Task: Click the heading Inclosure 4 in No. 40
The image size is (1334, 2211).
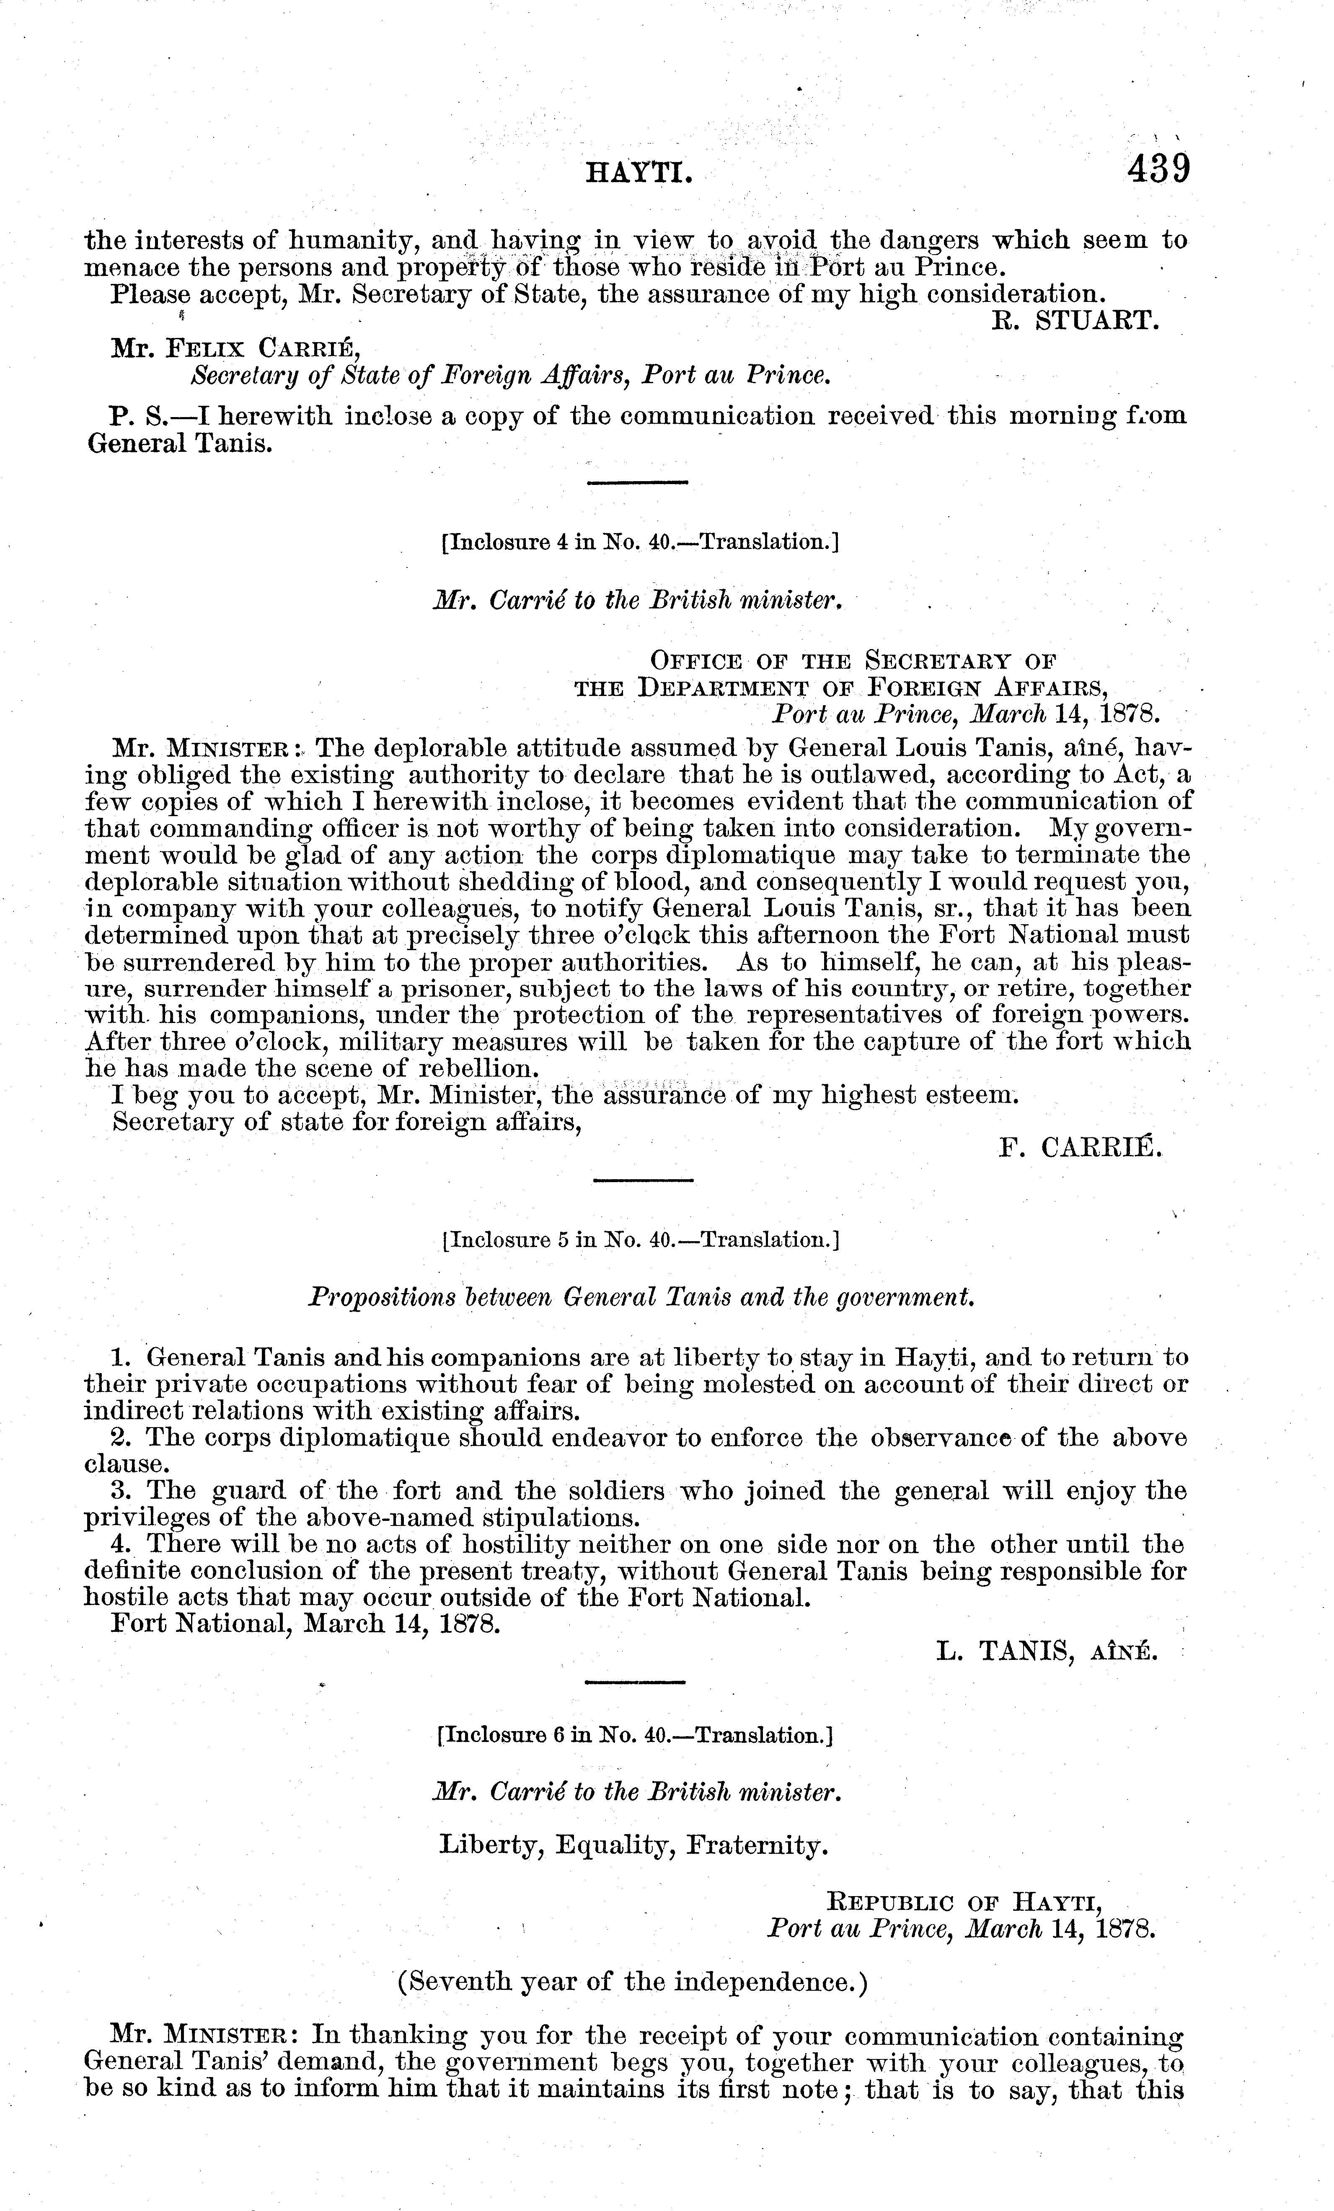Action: [x=640, y=542]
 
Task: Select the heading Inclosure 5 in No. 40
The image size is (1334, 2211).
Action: [x=641, y=1240]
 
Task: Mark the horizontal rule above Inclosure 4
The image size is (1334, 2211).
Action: [x=636, y=484]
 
